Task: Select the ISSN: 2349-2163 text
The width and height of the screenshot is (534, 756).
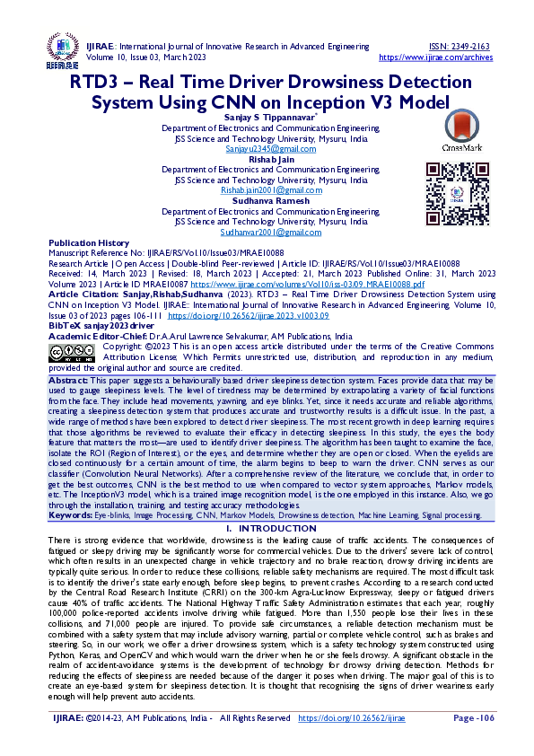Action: [459, 46]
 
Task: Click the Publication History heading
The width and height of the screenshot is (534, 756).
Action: [89, 243]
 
